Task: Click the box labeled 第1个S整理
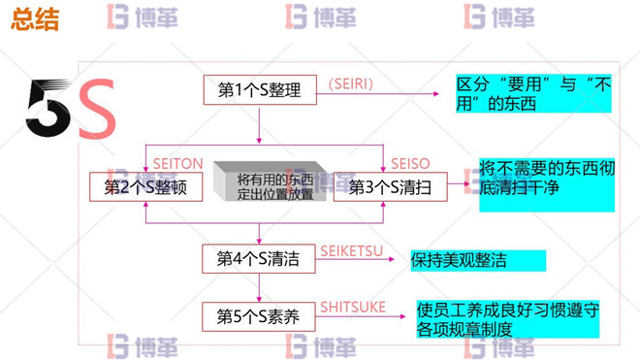point(260,91)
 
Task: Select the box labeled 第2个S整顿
point(145,187)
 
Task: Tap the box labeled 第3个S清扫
point(390,187)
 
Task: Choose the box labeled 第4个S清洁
point(258,259)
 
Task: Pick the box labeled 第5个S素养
point(258,315)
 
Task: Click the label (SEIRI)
point(350,84)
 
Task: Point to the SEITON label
point(178,164)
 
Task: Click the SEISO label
point(410,164)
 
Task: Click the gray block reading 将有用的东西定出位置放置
point(274,186)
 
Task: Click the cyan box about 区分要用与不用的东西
point(533,94)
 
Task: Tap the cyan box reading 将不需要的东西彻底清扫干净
point(546,183)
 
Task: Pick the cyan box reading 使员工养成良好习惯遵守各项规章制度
point(507,318)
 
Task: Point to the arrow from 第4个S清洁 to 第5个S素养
point(259,288)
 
